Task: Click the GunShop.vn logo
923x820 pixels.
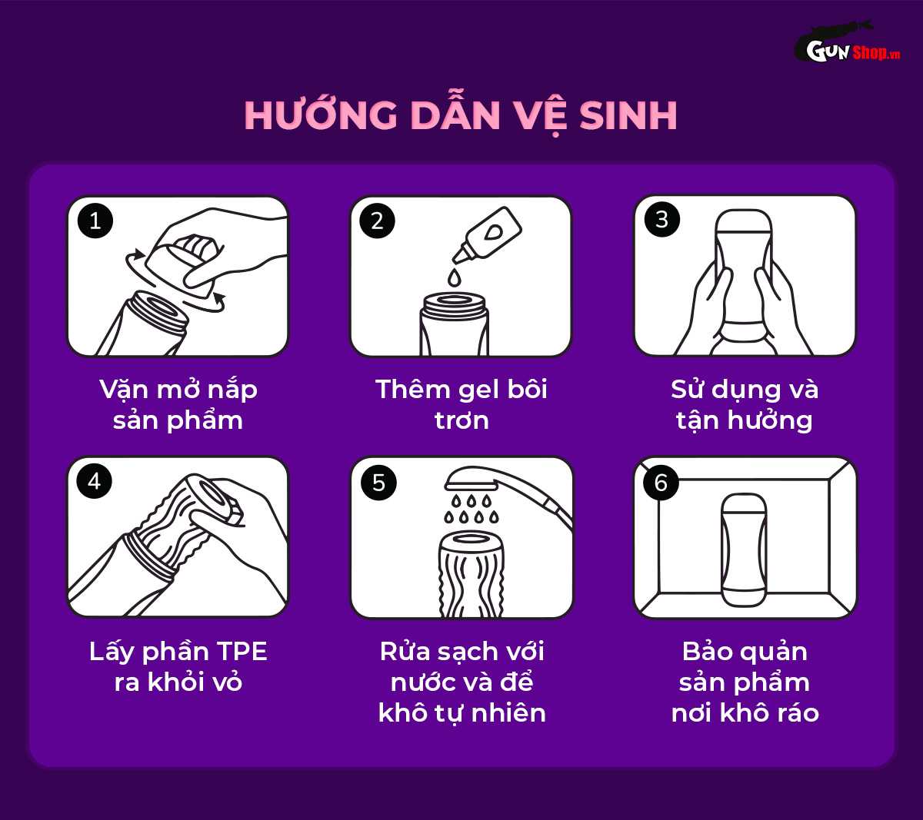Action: pos(846,48)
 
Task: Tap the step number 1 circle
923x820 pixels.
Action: pos(95,221)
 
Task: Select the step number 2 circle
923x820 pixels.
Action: pos(377,221)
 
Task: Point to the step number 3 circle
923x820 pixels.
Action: pos(661,220)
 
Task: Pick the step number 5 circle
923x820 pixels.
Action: pos(378,483)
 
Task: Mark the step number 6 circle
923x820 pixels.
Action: pos(661,483)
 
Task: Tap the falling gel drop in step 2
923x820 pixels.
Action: pos(455,274)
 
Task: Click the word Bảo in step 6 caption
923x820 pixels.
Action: pos(708,652)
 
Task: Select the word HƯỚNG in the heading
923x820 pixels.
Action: pos(321,116)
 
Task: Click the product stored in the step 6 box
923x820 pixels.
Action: pos(745,549)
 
